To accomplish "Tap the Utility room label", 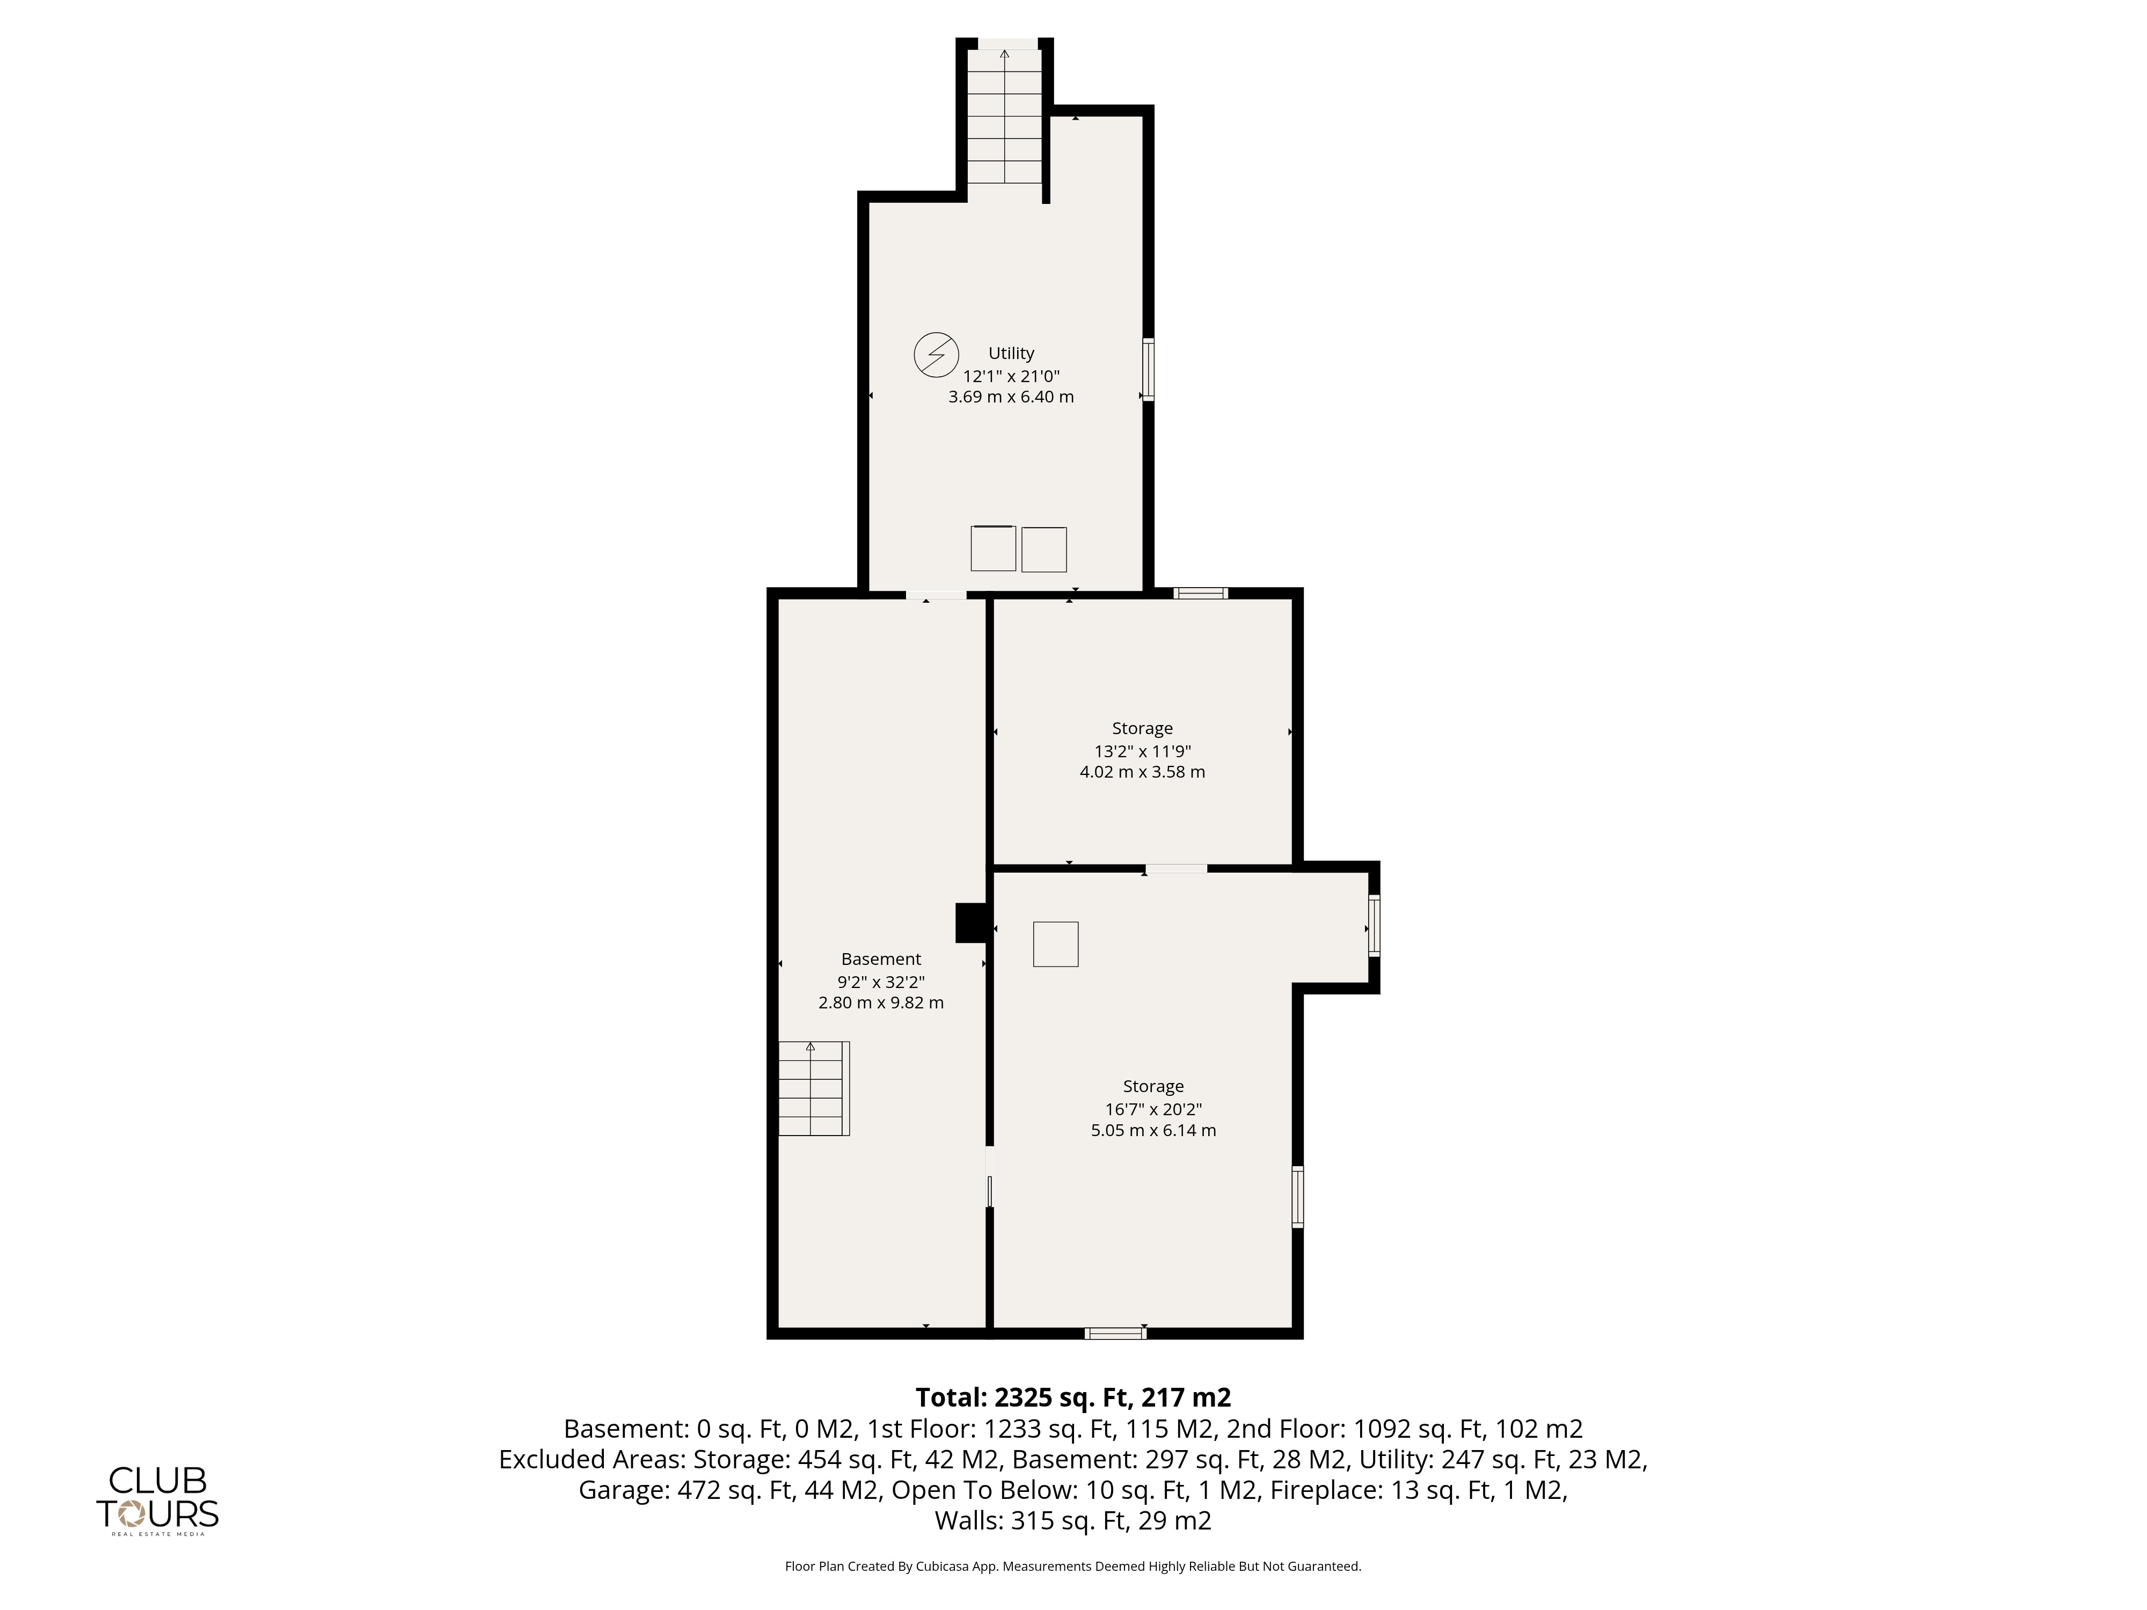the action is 1011,353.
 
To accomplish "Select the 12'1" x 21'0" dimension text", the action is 1011,376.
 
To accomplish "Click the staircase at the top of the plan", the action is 1005,116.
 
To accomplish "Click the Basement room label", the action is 881,959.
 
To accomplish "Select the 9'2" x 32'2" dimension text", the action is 881,981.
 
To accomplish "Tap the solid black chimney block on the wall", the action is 972,923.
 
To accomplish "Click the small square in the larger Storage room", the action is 1056,944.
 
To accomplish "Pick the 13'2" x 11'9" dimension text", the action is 1142,750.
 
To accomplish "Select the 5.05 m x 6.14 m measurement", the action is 1153,1130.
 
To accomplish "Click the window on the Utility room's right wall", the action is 1148,369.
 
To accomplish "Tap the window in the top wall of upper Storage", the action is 1201,593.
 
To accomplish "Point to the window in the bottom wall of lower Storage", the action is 1115,1334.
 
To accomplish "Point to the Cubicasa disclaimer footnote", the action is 1073,1565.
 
